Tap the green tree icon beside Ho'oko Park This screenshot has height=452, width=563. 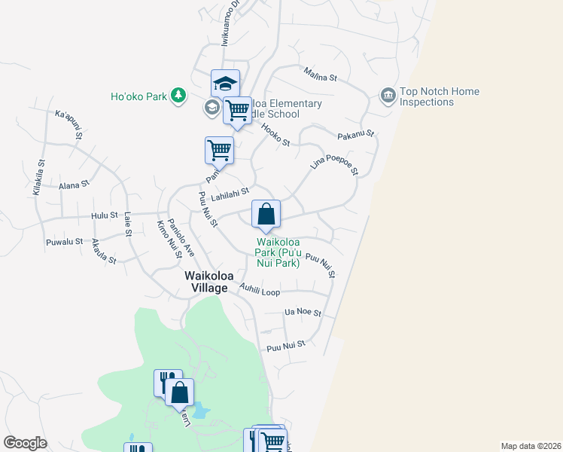pos(178,96)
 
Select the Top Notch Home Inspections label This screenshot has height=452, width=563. pos(439,96)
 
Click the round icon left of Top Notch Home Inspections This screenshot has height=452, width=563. pos(388,95)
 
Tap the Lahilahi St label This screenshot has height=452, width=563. pos(230,195)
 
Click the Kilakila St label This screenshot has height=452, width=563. pos(39,177)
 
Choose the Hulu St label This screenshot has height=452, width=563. pos(105,215)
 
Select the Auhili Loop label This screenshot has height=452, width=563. pos(260,289)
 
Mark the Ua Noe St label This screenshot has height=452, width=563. pos(303,312)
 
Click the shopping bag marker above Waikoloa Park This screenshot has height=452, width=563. pos(266,215)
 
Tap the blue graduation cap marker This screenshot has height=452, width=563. pos(224,84)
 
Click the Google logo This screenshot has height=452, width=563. pos(25,443)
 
